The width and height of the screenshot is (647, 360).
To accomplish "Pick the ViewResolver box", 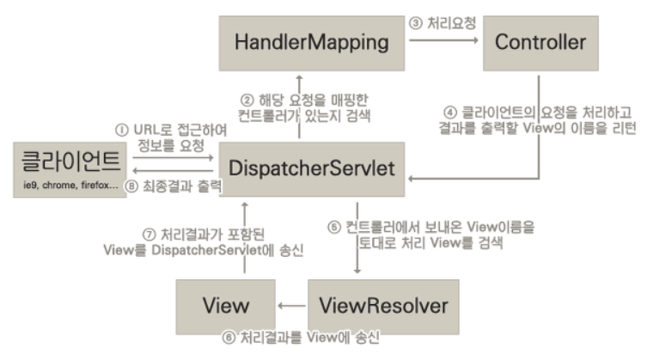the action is point(377,304).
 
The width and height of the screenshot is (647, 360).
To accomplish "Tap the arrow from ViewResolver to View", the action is point(292,305).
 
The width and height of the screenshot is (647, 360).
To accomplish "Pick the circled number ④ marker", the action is point(450,113).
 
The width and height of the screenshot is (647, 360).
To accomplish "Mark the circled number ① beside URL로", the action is point(122,130).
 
